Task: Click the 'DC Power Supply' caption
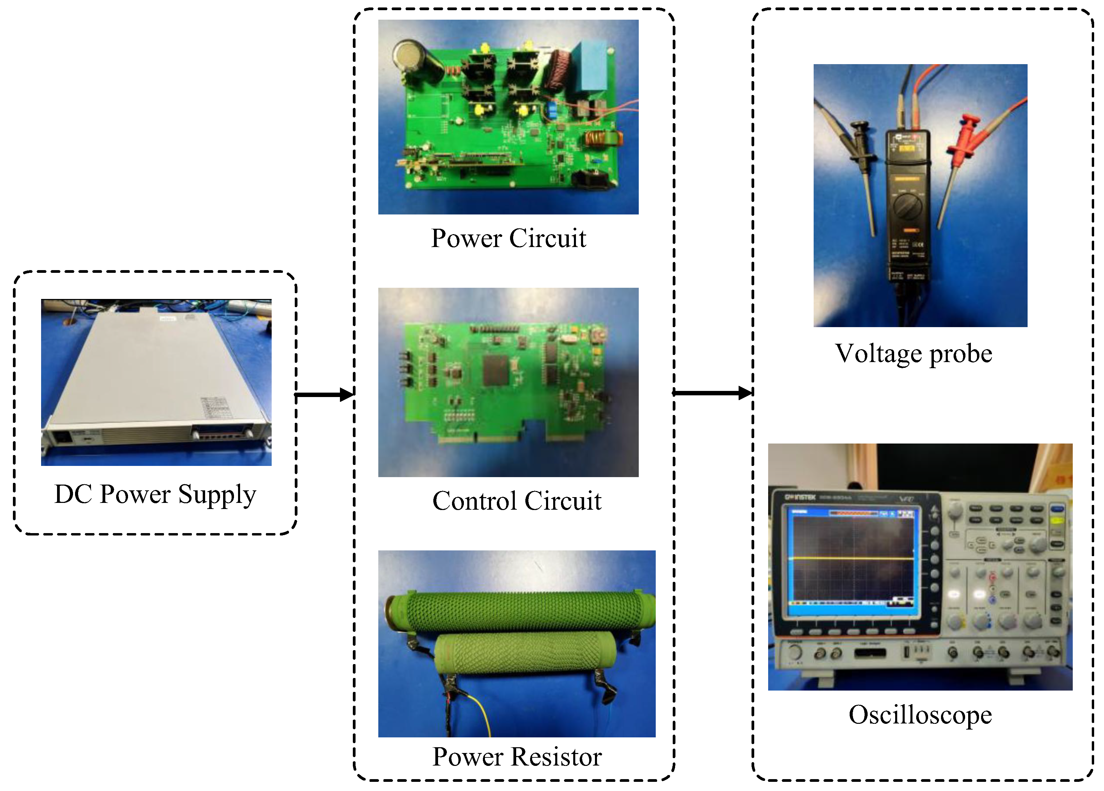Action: (155, 494)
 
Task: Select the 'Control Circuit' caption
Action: (517, 501)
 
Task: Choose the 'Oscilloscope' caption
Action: (920, 715)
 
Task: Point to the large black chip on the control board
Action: (495, 370)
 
